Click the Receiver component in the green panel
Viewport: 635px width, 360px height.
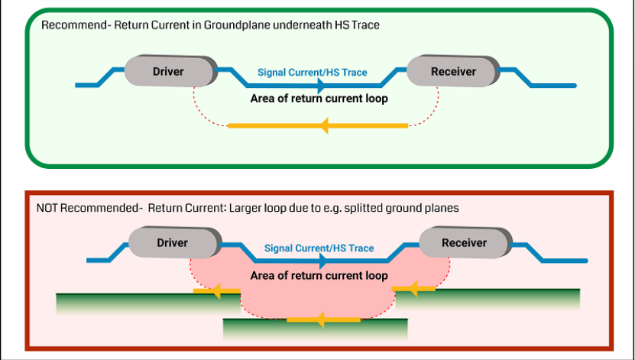click(453, 72)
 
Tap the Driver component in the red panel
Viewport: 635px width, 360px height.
click(173, 243)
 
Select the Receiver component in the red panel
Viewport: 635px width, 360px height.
click(465, 243)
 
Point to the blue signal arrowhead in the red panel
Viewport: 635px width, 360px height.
click(324, 261)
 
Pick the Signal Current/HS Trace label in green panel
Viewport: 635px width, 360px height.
click(312, 73)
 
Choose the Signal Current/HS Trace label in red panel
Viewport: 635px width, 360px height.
click(319, 248)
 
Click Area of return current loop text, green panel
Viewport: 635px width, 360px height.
click(319, 99)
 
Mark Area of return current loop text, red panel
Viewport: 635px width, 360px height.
click(319, 276)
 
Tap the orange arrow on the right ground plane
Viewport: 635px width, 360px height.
click(413, 289)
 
